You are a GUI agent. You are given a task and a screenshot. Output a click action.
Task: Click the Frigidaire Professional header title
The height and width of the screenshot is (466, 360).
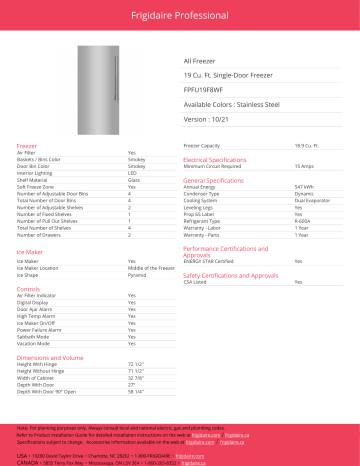point(180,14)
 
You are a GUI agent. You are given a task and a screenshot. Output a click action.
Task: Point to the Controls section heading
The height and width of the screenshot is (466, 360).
point(29,288)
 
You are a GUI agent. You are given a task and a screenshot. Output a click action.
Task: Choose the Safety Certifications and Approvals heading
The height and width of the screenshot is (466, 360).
point(230,273)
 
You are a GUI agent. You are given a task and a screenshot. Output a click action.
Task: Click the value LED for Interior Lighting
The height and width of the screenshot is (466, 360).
point(132,171)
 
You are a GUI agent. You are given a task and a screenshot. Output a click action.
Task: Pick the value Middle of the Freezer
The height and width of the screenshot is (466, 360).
point(150,268)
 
